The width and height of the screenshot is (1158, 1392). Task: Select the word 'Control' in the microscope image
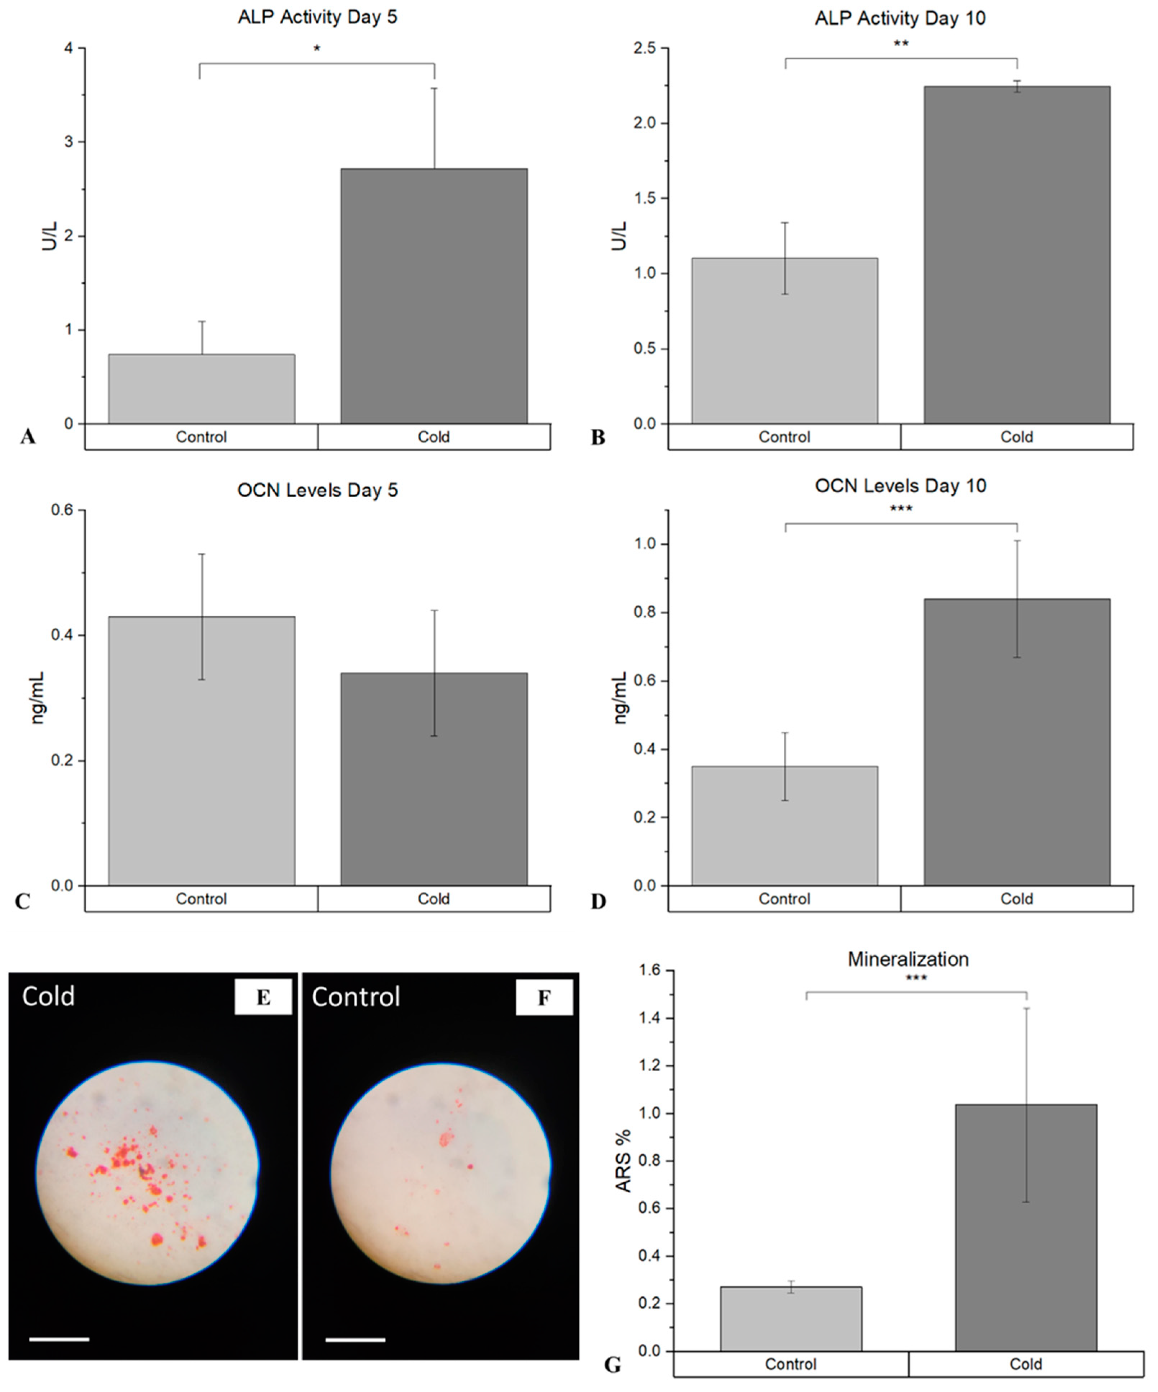tap(356, 997)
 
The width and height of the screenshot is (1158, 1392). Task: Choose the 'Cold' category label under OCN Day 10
tap(1016, 899)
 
